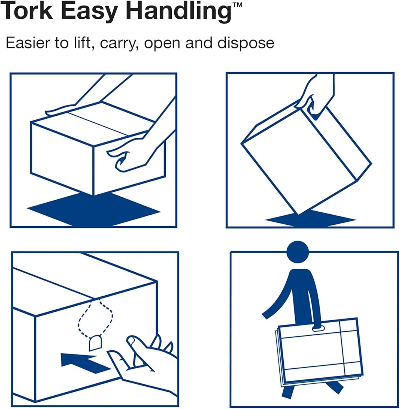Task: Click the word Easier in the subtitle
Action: [x=27, y=43]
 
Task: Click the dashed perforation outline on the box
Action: [x=95, y=316]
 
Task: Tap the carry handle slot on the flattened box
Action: [x=319, y=329]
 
